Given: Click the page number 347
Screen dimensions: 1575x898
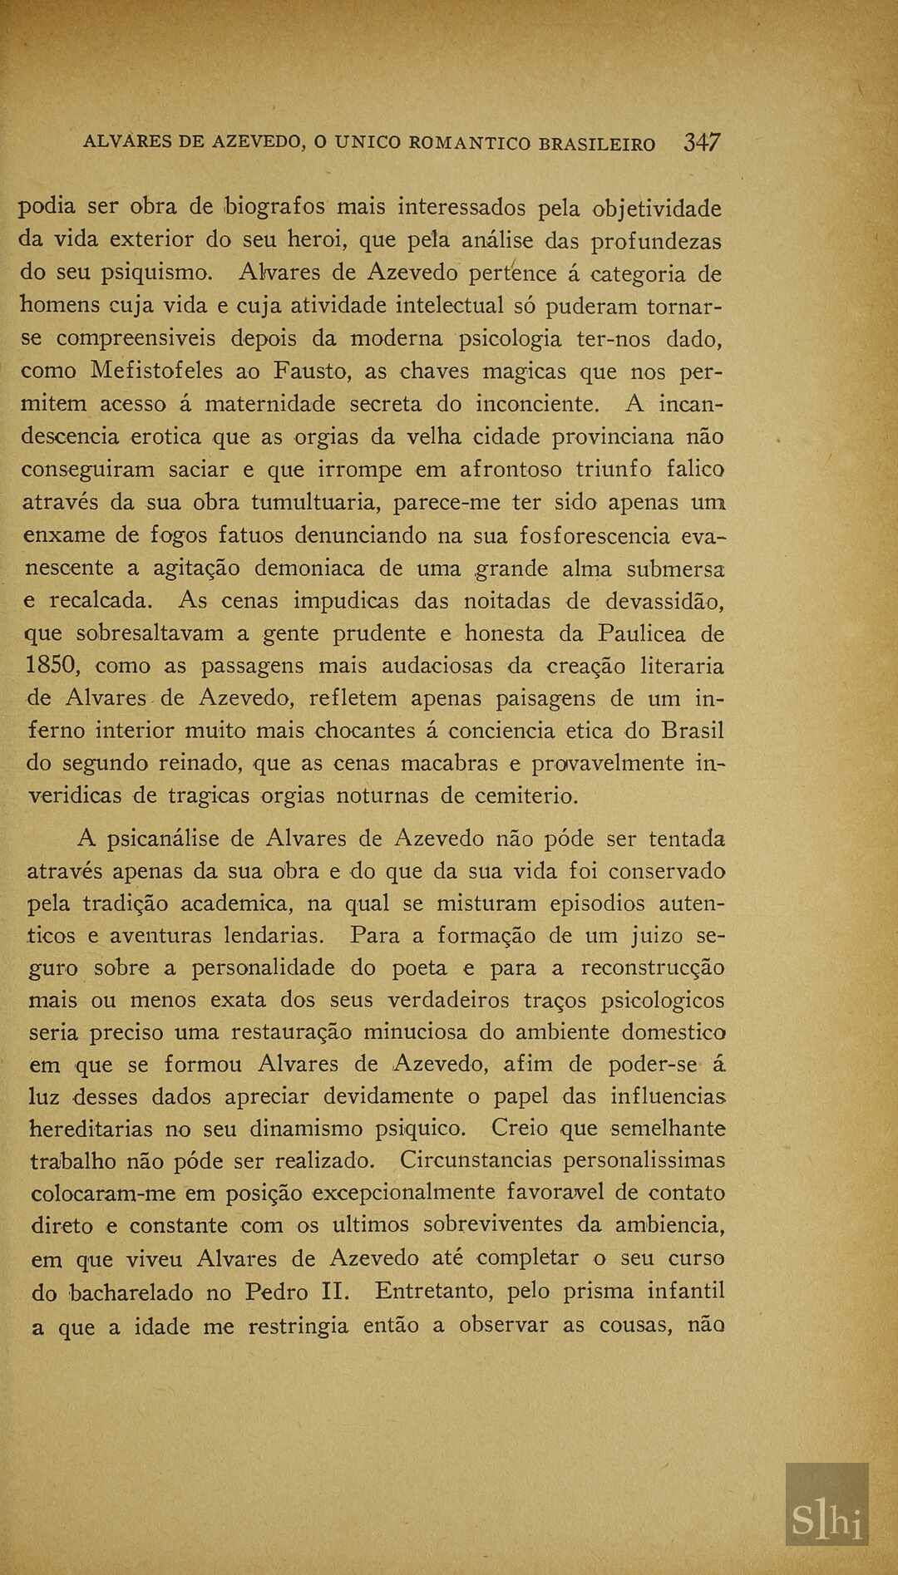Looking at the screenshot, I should click(702, 142).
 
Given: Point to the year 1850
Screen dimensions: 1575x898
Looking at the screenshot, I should click(52, 666).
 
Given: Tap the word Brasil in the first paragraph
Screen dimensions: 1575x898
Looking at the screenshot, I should click(692, 731).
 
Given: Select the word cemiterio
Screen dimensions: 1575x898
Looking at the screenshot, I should click(525, 796).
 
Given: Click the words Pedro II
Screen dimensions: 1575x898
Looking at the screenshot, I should click(297, 1292).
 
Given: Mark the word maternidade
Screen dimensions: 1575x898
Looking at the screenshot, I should click(270, 405).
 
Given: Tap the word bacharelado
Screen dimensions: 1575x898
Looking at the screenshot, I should click(131, 1293).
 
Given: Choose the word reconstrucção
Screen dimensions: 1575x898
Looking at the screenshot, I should click(652, 968).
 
